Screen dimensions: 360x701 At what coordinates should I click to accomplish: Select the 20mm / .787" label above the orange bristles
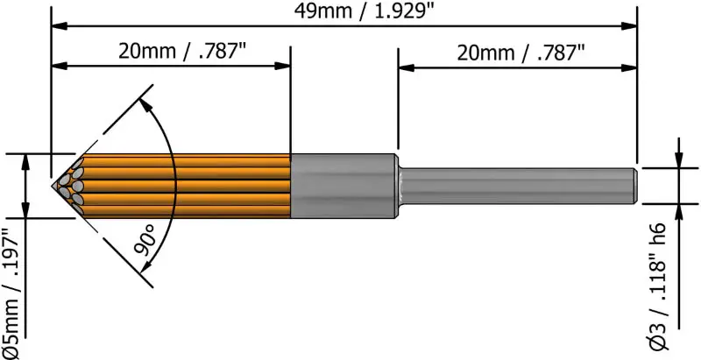point(182,50)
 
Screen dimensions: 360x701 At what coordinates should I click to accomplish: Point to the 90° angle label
point(146,238)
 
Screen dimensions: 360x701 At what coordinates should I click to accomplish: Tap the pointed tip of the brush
point(53,187)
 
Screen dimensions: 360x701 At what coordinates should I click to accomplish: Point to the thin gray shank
point(517,186)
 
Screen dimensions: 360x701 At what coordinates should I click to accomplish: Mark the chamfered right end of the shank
point(633,186)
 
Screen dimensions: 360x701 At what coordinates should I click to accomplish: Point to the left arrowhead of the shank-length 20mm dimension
point(406,66)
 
